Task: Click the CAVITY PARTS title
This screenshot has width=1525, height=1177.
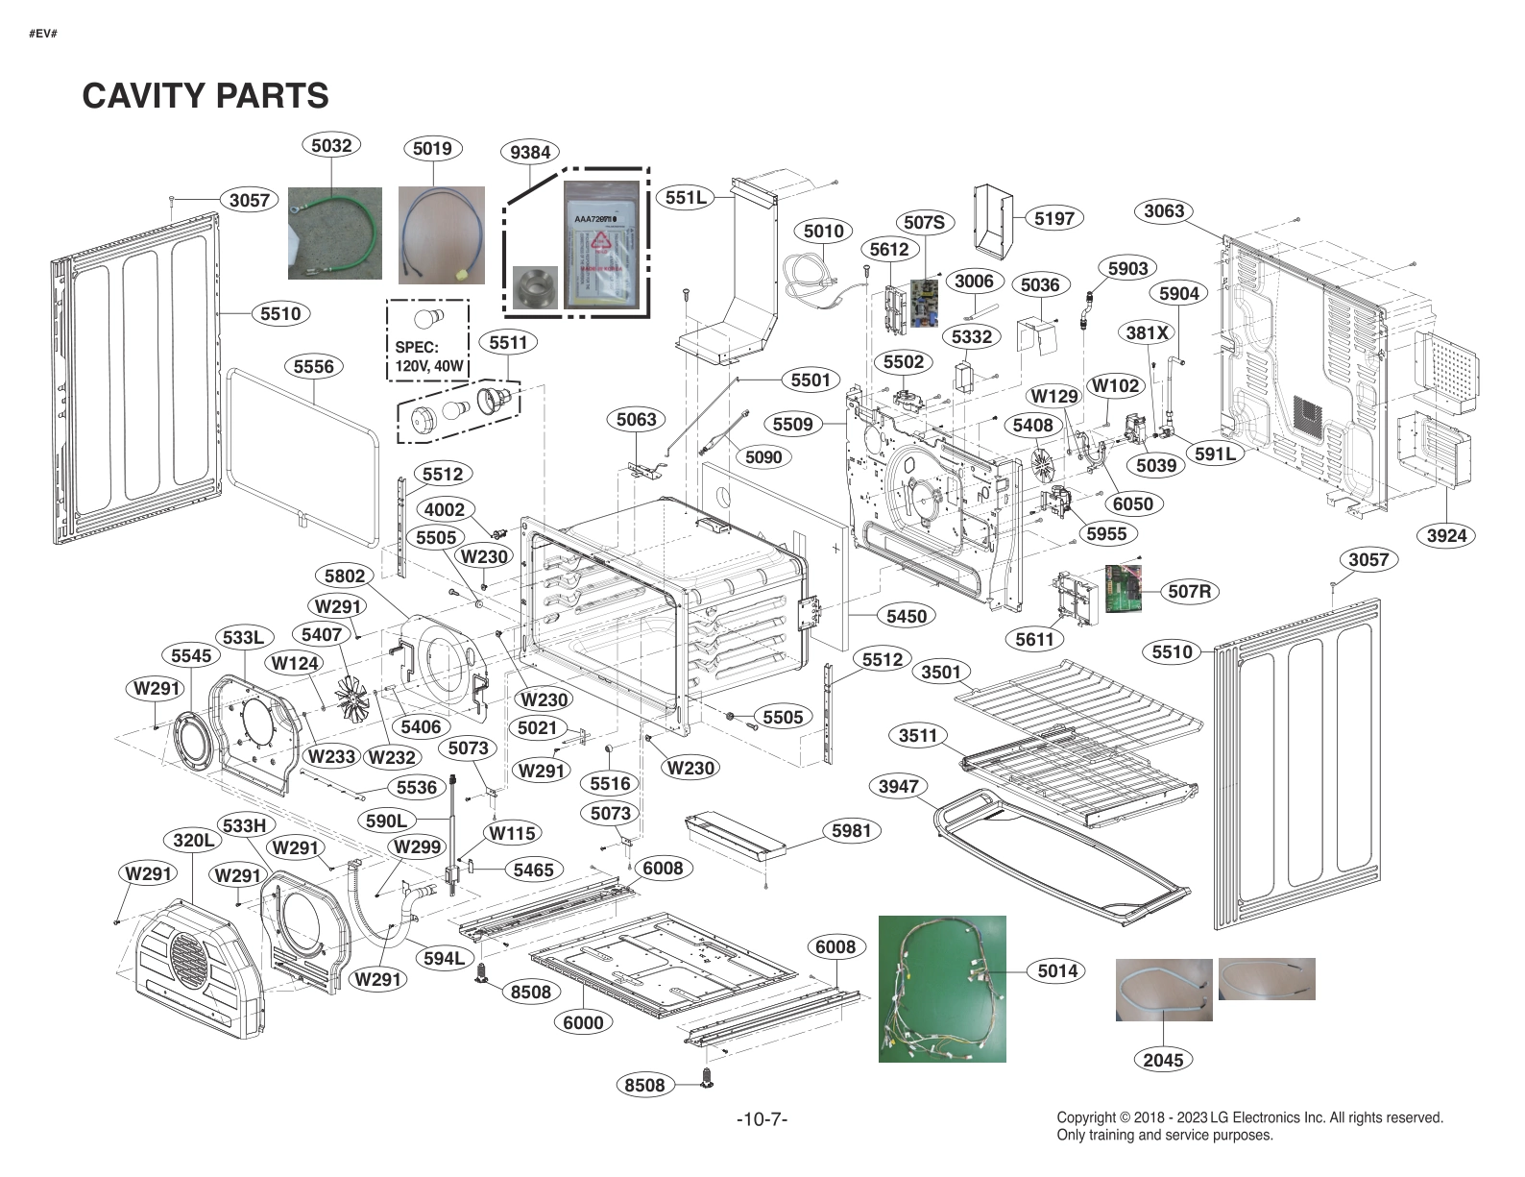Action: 206,96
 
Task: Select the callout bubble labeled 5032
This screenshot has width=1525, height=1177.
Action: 331,145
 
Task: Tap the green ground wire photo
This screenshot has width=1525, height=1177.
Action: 334,233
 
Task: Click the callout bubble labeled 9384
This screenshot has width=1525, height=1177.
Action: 530,152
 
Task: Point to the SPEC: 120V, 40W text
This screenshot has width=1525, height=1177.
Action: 428,356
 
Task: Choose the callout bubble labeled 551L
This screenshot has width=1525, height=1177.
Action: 686,198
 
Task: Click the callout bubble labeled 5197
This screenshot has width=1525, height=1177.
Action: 1053,218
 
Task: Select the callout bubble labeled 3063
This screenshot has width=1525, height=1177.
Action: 1164,210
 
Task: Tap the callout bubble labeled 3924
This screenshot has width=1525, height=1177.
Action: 1446,535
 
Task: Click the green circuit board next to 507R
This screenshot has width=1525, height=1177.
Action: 1125,589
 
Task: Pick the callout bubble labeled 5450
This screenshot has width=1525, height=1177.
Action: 906,616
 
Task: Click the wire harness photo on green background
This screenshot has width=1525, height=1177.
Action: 942,989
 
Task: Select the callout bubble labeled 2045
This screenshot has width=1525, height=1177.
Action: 1163,1059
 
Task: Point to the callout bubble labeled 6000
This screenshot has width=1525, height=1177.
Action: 583,1022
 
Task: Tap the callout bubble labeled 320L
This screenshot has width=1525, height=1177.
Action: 194,840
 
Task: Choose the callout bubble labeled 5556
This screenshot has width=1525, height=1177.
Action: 314,366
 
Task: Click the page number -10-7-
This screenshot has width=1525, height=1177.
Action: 762,1119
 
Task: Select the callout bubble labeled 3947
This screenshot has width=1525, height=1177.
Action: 899,786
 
